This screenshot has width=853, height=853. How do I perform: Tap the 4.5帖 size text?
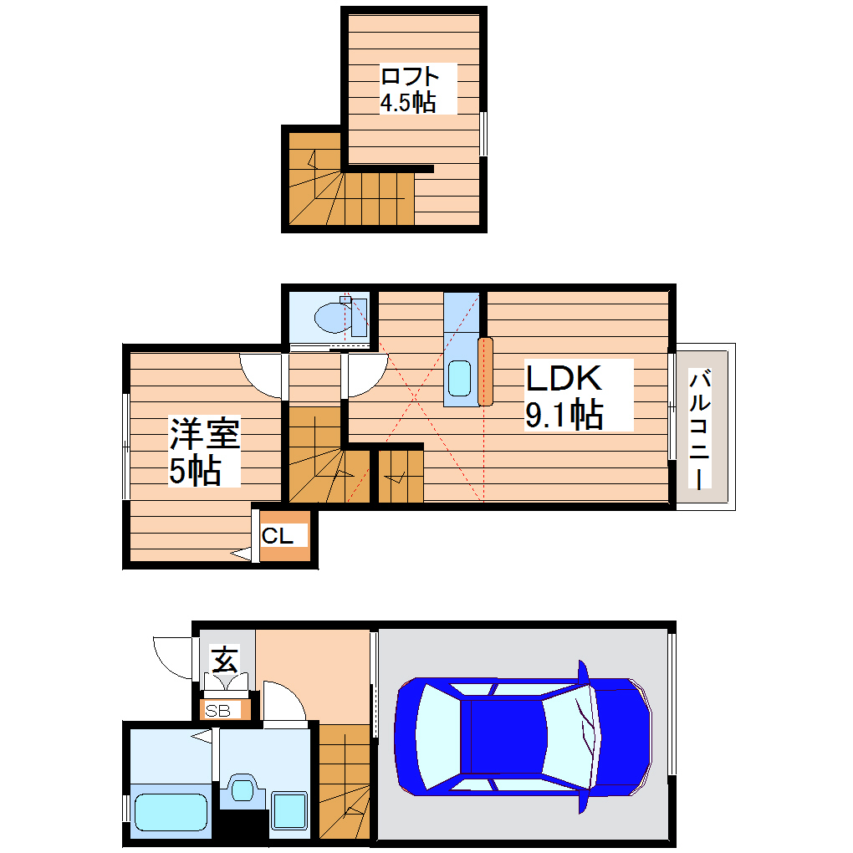(x=407, y=102)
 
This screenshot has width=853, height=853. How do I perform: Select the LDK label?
(x=563, y=379)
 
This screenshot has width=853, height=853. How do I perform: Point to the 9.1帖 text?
(x=564, y=414)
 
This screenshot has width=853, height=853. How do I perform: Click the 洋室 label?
(x=204, y=435)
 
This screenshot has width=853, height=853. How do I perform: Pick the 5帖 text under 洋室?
(x=194, y=472)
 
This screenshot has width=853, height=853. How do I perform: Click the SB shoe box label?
(x=217, y=712)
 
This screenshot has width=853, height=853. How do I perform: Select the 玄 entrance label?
(x=223, y=660)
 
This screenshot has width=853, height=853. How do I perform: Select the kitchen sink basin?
(x=459, y=378)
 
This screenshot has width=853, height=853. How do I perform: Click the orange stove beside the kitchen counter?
(x=486, y=371)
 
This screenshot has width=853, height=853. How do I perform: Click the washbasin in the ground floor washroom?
(x=243, y=789)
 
